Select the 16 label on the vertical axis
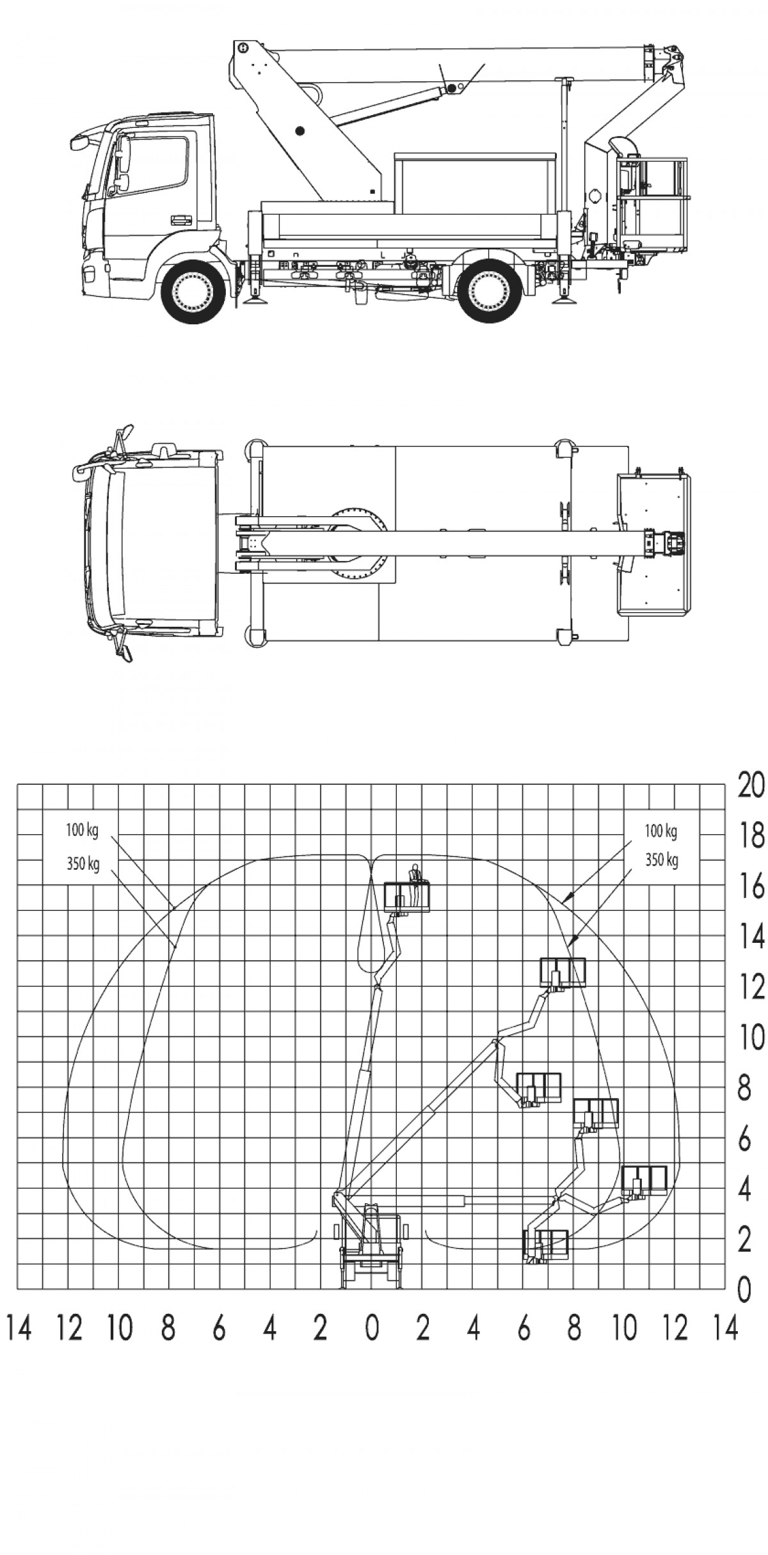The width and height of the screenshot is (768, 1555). [x=750, y=887]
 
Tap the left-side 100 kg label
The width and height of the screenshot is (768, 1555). [x=82, y=831]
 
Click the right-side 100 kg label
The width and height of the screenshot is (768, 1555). [x=661, y=832]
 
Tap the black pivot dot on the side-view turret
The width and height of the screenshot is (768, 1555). [x=299, y=131]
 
